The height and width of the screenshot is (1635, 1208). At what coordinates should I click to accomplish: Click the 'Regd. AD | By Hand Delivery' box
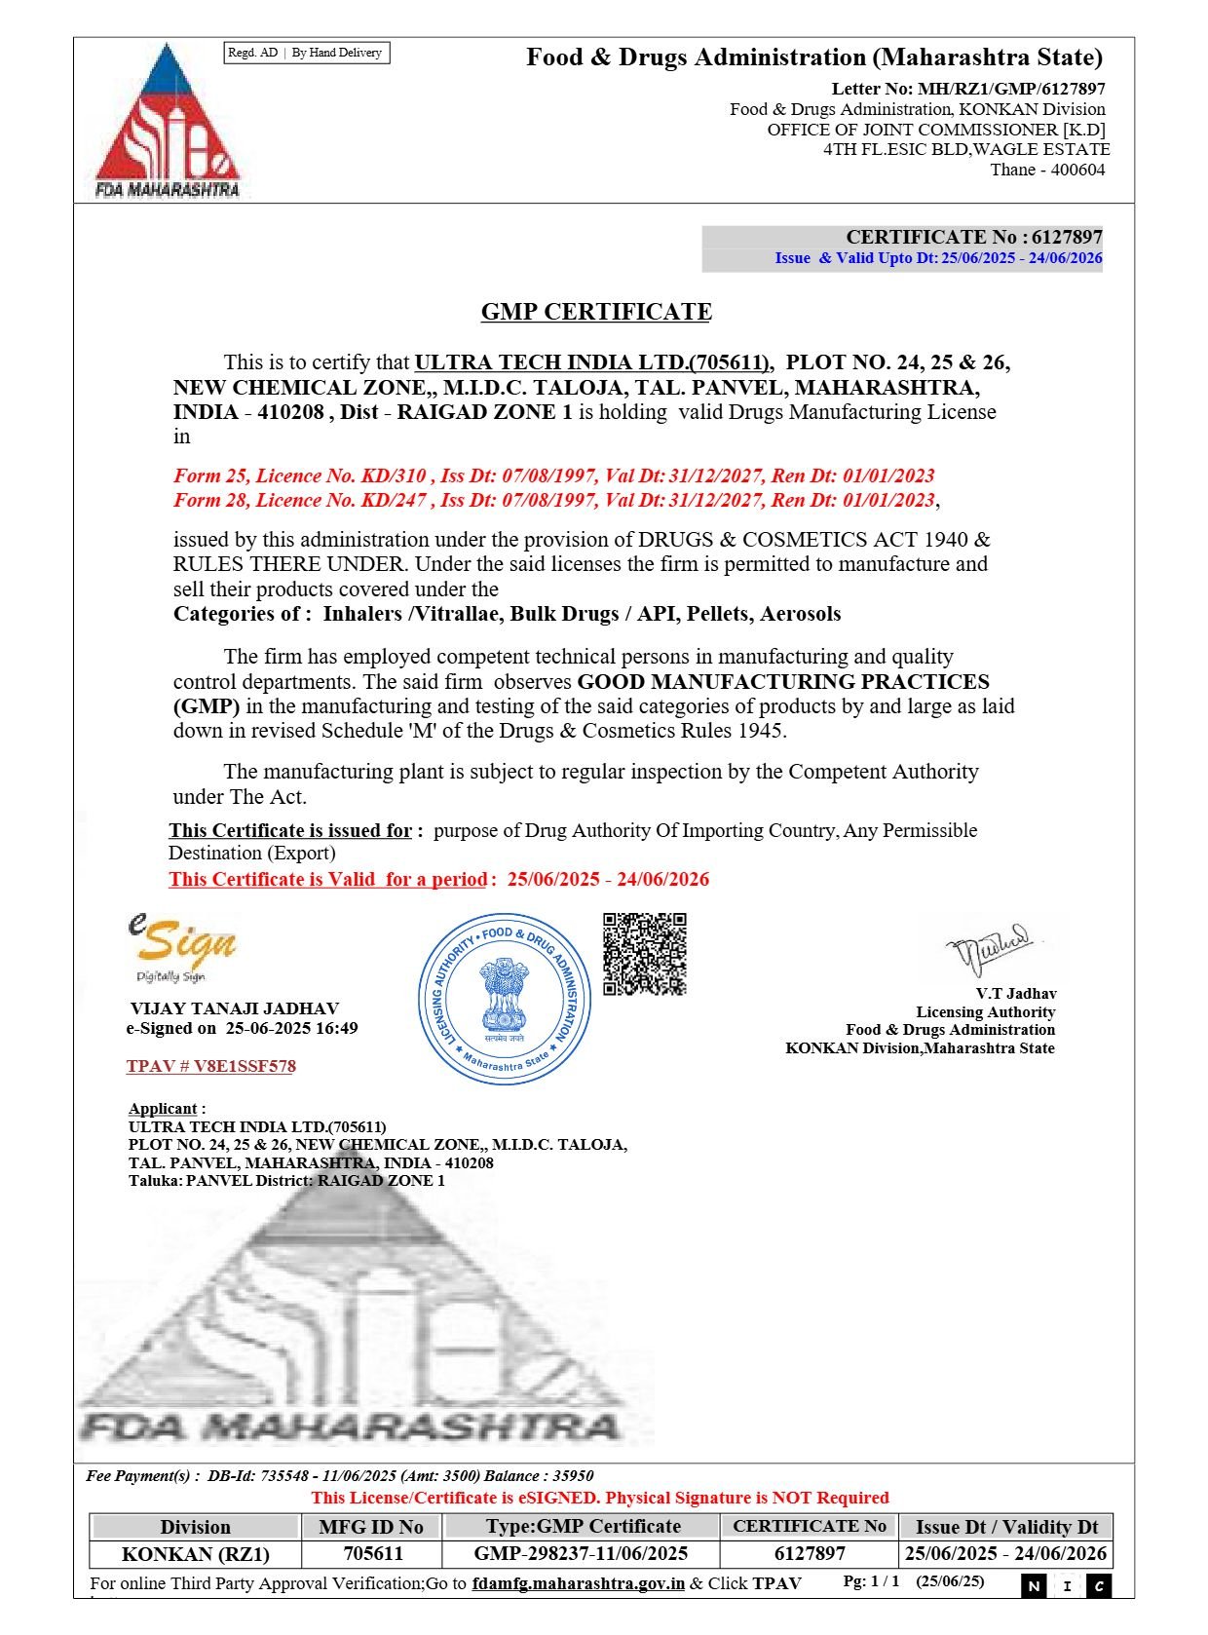306,53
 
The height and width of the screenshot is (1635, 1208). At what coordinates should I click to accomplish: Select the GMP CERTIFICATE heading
596,312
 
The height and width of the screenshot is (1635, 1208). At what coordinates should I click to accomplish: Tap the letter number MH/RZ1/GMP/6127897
1011,89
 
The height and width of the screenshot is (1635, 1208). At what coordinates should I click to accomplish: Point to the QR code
644,954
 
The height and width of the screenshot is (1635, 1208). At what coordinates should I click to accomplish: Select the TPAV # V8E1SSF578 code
210,1066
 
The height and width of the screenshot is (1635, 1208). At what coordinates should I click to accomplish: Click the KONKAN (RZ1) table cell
195,1553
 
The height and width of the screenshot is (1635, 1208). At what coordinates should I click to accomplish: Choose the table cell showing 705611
373,1553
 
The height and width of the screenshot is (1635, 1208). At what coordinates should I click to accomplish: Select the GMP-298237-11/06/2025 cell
581,1553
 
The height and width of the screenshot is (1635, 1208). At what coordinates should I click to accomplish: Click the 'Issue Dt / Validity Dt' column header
1006,1527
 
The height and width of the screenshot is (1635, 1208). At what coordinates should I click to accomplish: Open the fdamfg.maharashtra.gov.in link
578,1583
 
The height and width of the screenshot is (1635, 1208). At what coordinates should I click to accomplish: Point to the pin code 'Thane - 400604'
1047,170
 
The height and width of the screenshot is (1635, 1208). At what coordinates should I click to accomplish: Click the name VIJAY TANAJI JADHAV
235,1008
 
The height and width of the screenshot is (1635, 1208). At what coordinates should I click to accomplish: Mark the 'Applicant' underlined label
163,1109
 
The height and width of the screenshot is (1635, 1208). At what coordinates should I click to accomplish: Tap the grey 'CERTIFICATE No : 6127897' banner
902,238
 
